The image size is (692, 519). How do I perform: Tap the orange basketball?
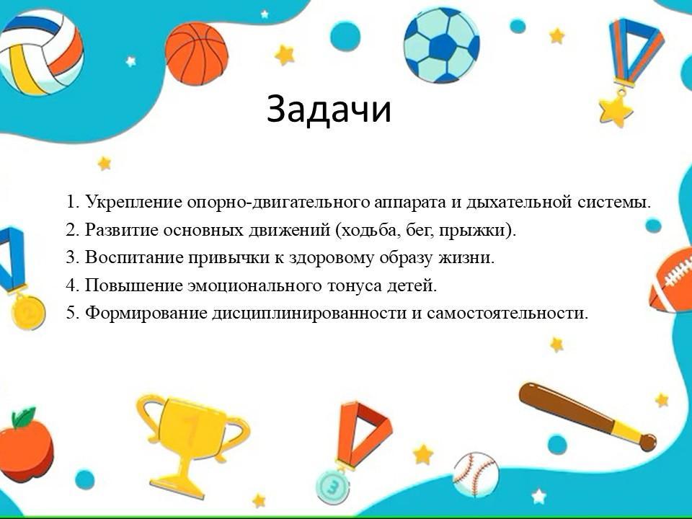pyautogui.click(x=197, y=53)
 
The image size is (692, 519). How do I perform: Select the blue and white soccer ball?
pyautogui.click(x=441, y=45)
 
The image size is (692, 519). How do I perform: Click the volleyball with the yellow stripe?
pyautogui.click(x=40, y=52)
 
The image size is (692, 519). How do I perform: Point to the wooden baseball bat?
pyautogui.click(x=587, y=416)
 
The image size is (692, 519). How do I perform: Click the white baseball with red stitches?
pyautogui.click(x=476, y=474)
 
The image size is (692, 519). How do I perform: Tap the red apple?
pyautogui.click(x=26, y=450)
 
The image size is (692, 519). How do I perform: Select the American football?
pyautogui.click(x=671, y=280)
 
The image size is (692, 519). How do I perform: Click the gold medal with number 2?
pyautogui.click(x=28, y=312)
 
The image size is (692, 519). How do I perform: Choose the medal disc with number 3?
pyautogui.click(x=333, y=487)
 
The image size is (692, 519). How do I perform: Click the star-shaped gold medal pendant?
pyautogui.click(x=616, y=110)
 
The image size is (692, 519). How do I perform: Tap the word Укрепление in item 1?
pyautogui.click(x=134, y=202)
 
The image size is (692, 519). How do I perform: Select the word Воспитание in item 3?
pyautogui.click(x=134, y=257)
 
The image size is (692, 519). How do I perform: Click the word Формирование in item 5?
pyautogui.click(x=146, y=313)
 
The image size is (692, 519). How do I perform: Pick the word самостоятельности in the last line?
pyautogui.click(x=507, y=313)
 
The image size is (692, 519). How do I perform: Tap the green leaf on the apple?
pyautogui.click(x=24, y=417)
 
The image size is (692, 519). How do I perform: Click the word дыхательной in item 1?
pyautogui.click(x=519, y=202)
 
